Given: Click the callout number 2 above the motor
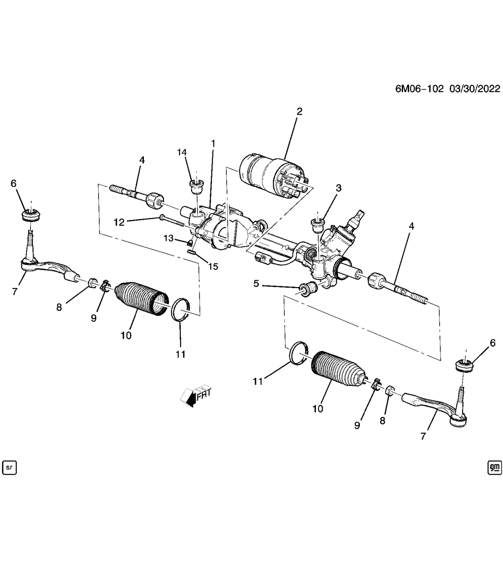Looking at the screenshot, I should [x=299, y=112].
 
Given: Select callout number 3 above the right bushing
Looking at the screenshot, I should [x=338, y=188].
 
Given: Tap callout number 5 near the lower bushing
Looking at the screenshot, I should [x=256, y=283].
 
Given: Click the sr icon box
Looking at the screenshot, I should [x=9, y=468].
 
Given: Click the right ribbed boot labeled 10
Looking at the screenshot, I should [x=336, y=369].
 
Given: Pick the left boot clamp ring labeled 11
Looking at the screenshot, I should [x=180, y=310].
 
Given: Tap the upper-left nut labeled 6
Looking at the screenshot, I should [x=31, y=214].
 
